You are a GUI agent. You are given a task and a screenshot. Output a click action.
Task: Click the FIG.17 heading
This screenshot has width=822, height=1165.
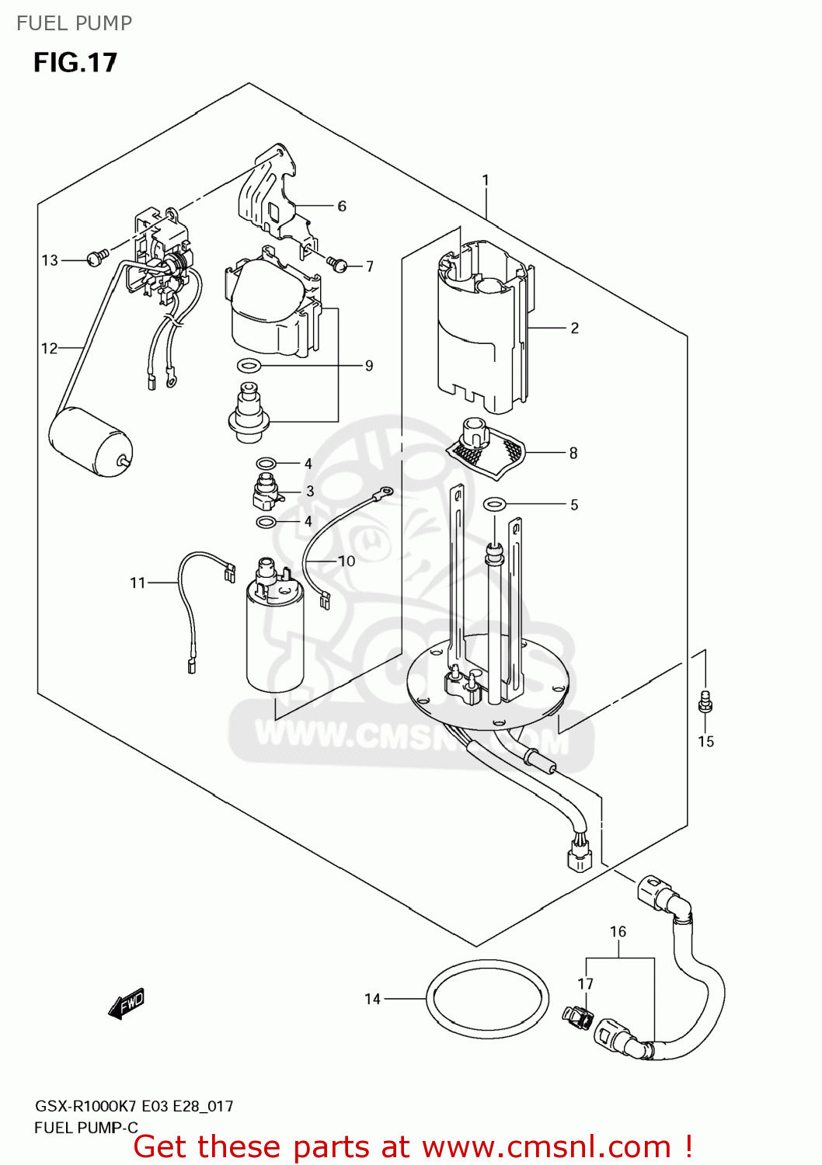tap(75, 63)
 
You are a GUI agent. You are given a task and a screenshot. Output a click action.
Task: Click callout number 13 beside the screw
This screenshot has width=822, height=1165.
tap(50, 261)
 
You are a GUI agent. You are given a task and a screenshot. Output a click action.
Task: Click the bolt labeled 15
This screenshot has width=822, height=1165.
tap(705, 702)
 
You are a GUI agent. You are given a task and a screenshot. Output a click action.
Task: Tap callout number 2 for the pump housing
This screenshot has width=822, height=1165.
tap(574, 329)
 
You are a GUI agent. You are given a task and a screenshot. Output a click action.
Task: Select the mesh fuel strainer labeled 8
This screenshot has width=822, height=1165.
tap(486, 450)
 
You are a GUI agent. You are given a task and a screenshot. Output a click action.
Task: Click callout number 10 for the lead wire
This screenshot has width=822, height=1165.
tap(347, 561)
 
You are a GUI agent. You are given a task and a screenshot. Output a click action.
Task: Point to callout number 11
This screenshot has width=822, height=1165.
tap(138, 582)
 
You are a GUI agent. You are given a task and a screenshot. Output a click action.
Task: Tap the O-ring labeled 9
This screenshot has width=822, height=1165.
tap(249, 365)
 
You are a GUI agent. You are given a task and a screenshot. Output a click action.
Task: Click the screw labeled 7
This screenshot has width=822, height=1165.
tap(337, 264)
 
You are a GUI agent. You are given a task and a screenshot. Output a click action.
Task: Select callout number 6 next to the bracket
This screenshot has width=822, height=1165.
tap(342, 207)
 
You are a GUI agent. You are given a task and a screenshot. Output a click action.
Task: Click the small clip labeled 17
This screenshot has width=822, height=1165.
tap(576, 1015)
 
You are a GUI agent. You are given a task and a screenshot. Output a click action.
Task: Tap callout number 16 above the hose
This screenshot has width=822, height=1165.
tap(618, 932)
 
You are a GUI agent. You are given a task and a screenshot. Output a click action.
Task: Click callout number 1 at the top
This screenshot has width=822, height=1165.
tap(486, 180)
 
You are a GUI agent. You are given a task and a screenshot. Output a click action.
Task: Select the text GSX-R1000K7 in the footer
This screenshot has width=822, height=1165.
tap(85, 1106)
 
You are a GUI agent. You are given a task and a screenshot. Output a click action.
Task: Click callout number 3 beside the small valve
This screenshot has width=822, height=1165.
tap(310, 492)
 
